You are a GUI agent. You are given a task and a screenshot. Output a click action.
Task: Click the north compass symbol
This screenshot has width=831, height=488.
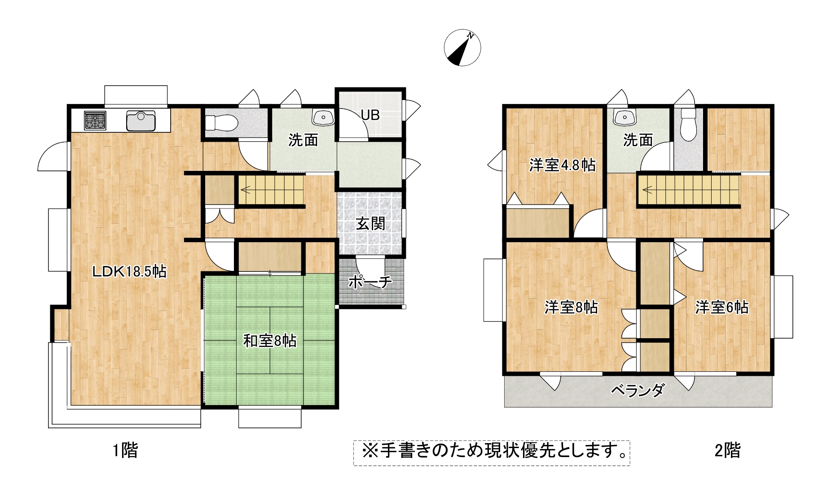(x=462, y=48)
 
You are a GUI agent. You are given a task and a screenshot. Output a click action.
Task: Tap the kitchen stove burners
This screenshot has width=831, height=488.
(x=95, y=120)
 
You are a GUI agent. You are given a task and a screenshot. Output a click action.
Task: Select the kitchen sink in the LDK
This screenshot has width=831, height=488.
(x=141, y=121)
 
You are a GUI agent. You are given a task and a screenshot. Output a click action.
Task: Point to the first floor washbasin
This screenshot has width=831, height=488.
(x=323, y=118)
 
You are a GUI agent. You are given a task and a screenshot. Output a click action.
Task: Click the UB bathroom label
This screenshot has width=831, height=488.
(x=370, y=115)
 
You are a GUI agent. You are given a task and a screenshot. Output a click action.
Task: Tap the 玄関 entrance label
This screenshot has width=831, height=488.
(x=371, y=223)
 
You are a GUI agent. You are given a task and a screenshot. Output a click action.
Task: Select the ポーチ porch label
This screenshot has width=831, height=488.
(x=370, y=282)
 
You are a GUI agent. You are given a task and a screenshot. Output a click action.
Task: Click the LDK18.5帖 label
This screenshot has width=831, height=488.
(x=129, y=271)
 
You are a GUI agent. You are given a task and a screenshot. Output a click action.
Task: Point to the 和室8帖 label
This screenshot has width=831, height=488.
(x=270, y=341)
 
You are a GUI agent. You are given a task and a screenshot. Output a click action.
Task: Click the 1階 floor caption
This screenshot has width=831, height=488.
(x=125, y=450)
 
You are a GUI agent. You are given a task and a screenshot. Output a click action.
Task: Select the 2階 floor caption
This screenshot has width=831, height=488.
(x=727, y=450)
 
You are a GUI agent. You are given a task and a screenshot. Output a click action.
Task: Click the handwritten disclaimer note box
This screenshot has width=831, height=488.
(x=492, y=453)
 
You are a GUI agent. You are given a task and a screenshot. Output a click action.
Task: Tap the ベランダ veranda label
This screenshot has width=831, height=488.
(x=638, y=390)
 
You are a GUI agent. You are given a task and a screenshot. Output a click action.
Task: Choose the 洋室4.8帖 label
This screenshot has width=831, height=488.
(x=563, y=165)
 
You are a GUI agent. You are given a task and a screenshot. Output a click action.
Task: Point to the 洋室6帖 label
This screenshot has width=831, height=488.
(x=722, y=307)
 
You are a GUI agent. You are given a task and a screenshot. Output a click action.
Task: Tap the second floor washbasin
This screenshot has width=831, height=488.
(x=624, y=118)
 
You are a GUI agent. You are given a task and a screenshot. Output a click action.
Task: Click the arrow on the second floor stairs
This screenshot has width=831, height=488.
(x=647, y=190)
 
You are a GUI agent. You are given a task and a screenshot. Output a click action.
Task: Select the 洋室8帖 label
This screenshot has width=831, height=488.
(x=571, y=307)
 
